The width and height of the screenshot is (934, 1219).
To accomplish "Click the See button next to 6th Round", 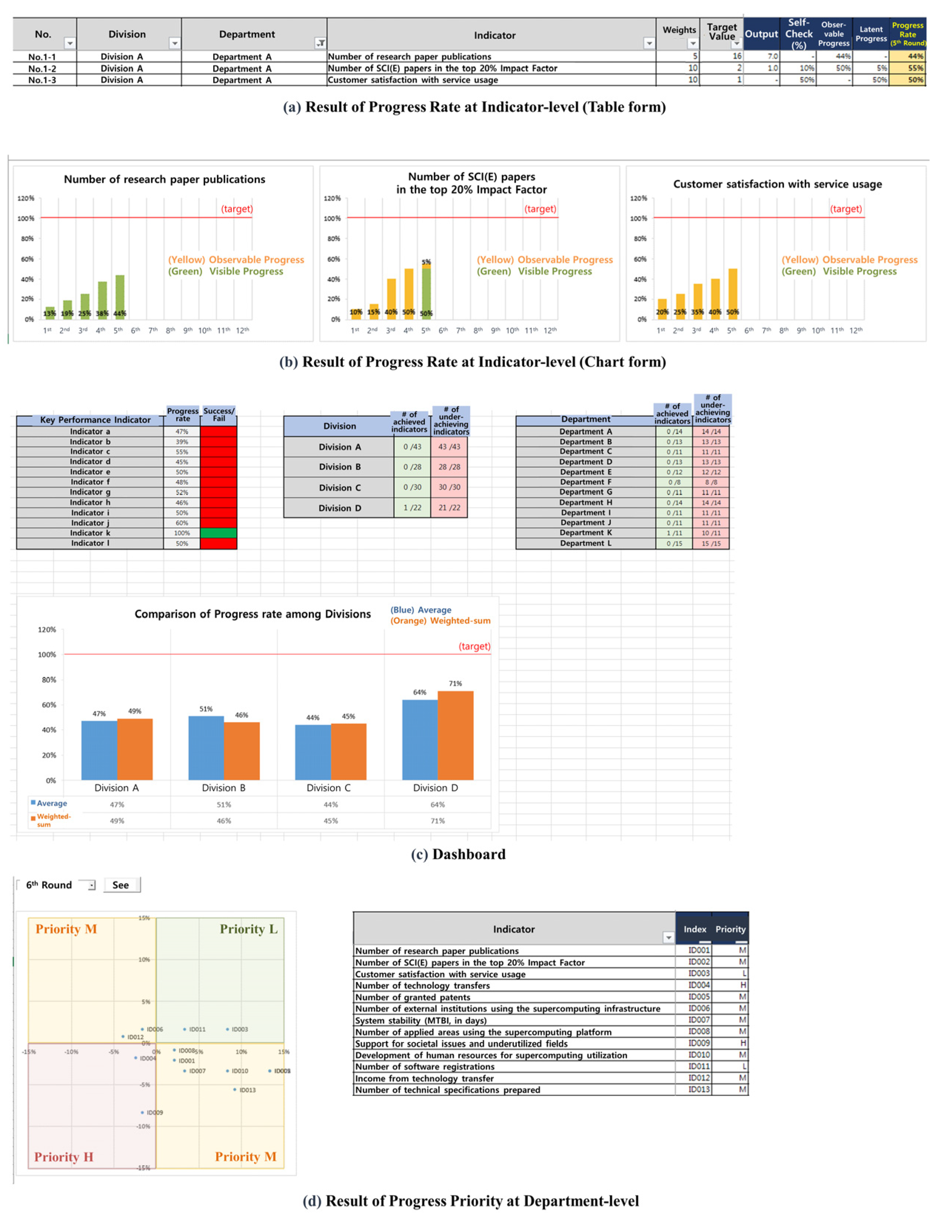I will pos(121,885).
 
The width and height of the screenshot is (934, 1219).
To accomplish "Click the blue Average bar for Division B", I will pos(206,747).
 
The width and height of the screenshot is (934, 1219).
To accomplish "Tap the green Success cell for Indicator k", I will pos(218,533).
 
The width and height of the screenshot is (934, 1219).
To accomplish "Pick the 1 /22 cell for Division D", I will pos(412,508).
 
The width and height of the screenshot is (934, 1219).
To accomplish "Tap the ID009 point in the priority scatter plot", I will pos(143,1112).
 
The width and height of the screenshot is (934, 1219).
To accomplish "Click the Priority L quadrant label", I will pos(248,929).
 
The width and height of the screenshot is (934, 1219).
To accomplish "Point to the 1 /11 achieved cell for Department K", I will pos(674,533).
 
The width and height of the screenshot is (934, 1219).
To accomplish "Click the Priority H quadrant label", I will pos(64,1157).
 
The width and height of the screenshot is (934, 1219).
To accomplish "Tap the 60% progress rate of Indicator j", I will pos(182,523).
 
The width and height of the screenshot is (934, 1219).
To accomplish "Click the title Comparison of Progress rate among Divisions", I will pos(252,614).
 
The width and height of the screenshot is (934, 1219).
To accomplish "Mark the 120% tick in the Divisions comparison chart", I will pos(47,630).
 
